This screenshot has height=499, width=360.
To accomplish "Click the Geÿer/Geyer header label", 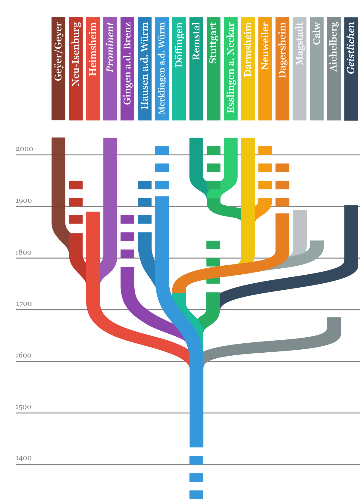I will (x=58, y=51).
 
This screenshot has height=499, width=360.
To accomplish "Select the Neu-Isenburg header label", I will (x=76, y=54).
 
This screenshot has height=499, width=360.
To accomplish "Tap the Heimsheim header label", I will (x=93, y=49).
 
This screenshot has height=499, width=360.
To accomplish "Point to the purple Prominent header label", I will (x=110, y=47).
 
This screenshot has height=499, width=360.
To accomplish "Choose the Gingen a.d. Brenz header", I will (x=127, y=63).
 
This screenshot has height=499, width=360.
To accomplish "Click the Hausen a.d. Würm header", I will (x=145, y=66).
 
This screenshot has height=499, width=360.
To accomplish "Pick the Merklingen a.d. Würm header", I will (x=162, y=68).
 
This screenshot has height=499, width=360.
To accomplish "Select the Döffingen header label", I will (x=179, y=45).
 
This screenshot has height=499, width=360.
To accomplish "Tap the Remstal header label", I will (x=196, y=41).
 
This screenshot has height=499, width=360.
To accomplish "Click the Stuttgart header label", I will (x=213, y=43).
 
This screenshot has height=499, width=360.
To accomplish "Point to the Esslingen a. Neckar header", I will (x=231, y=67).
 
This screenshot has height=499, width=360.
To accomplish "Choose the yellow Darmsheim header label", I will (x=248, y=49).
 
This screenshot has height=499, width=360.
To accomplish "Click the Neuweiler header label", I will (x=265, y=46).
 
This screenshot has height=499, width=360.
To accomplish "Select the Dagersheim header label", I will (x=282, y=50).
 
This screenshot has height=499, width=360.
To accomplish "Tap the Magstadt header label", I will (x=299, y=44).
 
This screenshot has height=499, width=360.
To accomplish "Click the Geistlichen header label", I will (x=351, y=48).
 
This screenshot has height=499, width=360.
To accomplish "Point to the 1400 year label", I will (x=23, y=458).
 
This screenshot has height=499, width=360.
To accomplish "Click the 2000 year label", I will (x=24, y=149).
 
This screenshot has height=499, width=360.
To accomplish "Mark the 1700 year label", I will (x=24, y=304).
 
